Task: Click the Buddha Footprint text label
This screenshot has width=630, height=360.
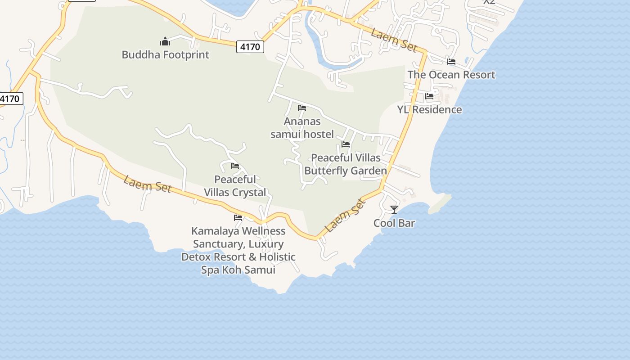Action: click(x=165, y=55)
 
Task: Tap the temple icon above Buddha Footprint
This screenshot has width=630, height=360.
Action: click(x=165, y=42)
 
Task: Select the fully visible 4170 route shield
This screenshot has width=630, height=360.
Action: click(x=250, y=46)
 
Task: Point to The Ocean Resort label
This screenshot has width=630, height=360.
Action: click(x=451, y=75)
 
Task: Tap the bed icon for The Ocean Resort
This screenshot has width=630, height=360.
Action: click(x=451, y=62)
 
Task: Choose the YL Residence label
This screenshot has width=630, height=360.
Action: click(x=429, y=109)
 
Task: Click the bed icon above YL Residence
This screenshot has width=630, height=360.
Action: click(x=429, y=96)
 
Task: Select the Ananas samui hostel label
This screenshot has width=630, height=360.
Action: click(x=302, y=128)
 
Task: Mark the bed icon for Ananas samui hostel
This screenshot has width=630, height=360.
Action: click(x=302, y=108)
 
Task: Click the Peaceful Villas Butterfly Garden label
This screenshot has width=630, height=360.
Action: click(x=346, y=164)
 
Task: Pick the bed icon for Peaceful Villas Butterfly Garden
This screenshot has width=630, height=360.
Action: click(x=346, y=144)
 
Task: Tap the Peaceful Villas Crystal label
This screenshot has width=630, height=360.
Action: click(x=235, y=186)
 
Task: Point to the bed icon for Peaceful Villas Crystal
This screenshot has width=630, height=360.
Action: click(x=235, y=166)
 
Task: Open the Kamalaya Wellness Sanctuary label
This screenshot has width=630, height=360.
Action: click(x=238, y=250)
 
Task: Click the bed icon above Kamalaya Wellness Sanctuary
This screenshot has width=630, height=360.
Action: click(x=238, y=218)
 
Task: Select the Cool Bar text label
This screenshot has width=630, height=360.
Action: click(x=394, y=223)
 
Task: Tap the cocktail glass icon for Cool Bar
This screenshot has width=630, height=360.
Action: click(x=394, y=210)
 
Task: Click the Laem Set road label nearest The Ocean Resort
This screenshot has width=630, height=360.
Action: click(x=394, y=40)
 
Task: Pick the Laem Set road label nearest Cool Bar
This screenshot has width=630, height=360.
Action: click(x=345, y=216)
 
